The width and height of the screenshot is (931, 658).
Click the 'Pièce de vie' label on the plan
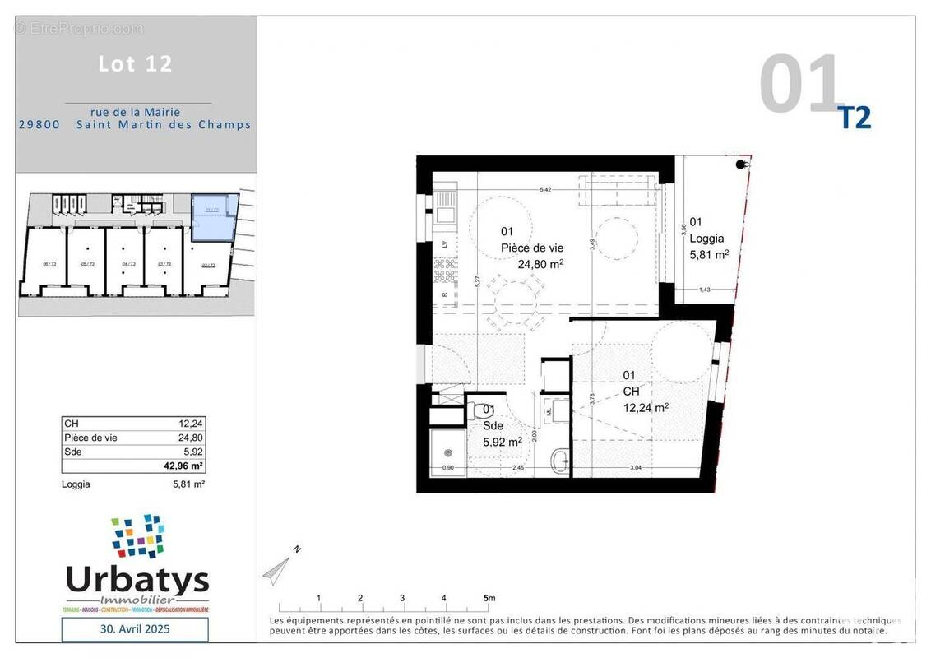coord(532,248)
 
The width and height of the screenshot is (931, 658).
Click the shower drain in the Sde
coord(449,452)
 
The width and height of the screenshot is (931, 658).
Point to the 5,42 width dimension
coord(544,190)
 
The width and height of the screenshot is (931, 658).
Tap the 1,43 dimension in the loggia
coord(704,290)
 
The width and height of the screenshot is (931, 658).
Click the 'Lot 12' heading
coord(136,64)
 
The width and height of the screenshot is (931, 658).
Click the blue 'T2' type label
coord(854,118)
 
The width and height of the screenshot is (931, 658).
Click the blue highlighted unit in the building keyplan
coord(212,217)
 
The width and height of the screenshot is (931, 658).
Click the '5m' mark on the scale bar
coord(489,598)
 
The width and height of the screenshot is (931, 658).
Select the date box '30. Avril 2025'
coord(135,629)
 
